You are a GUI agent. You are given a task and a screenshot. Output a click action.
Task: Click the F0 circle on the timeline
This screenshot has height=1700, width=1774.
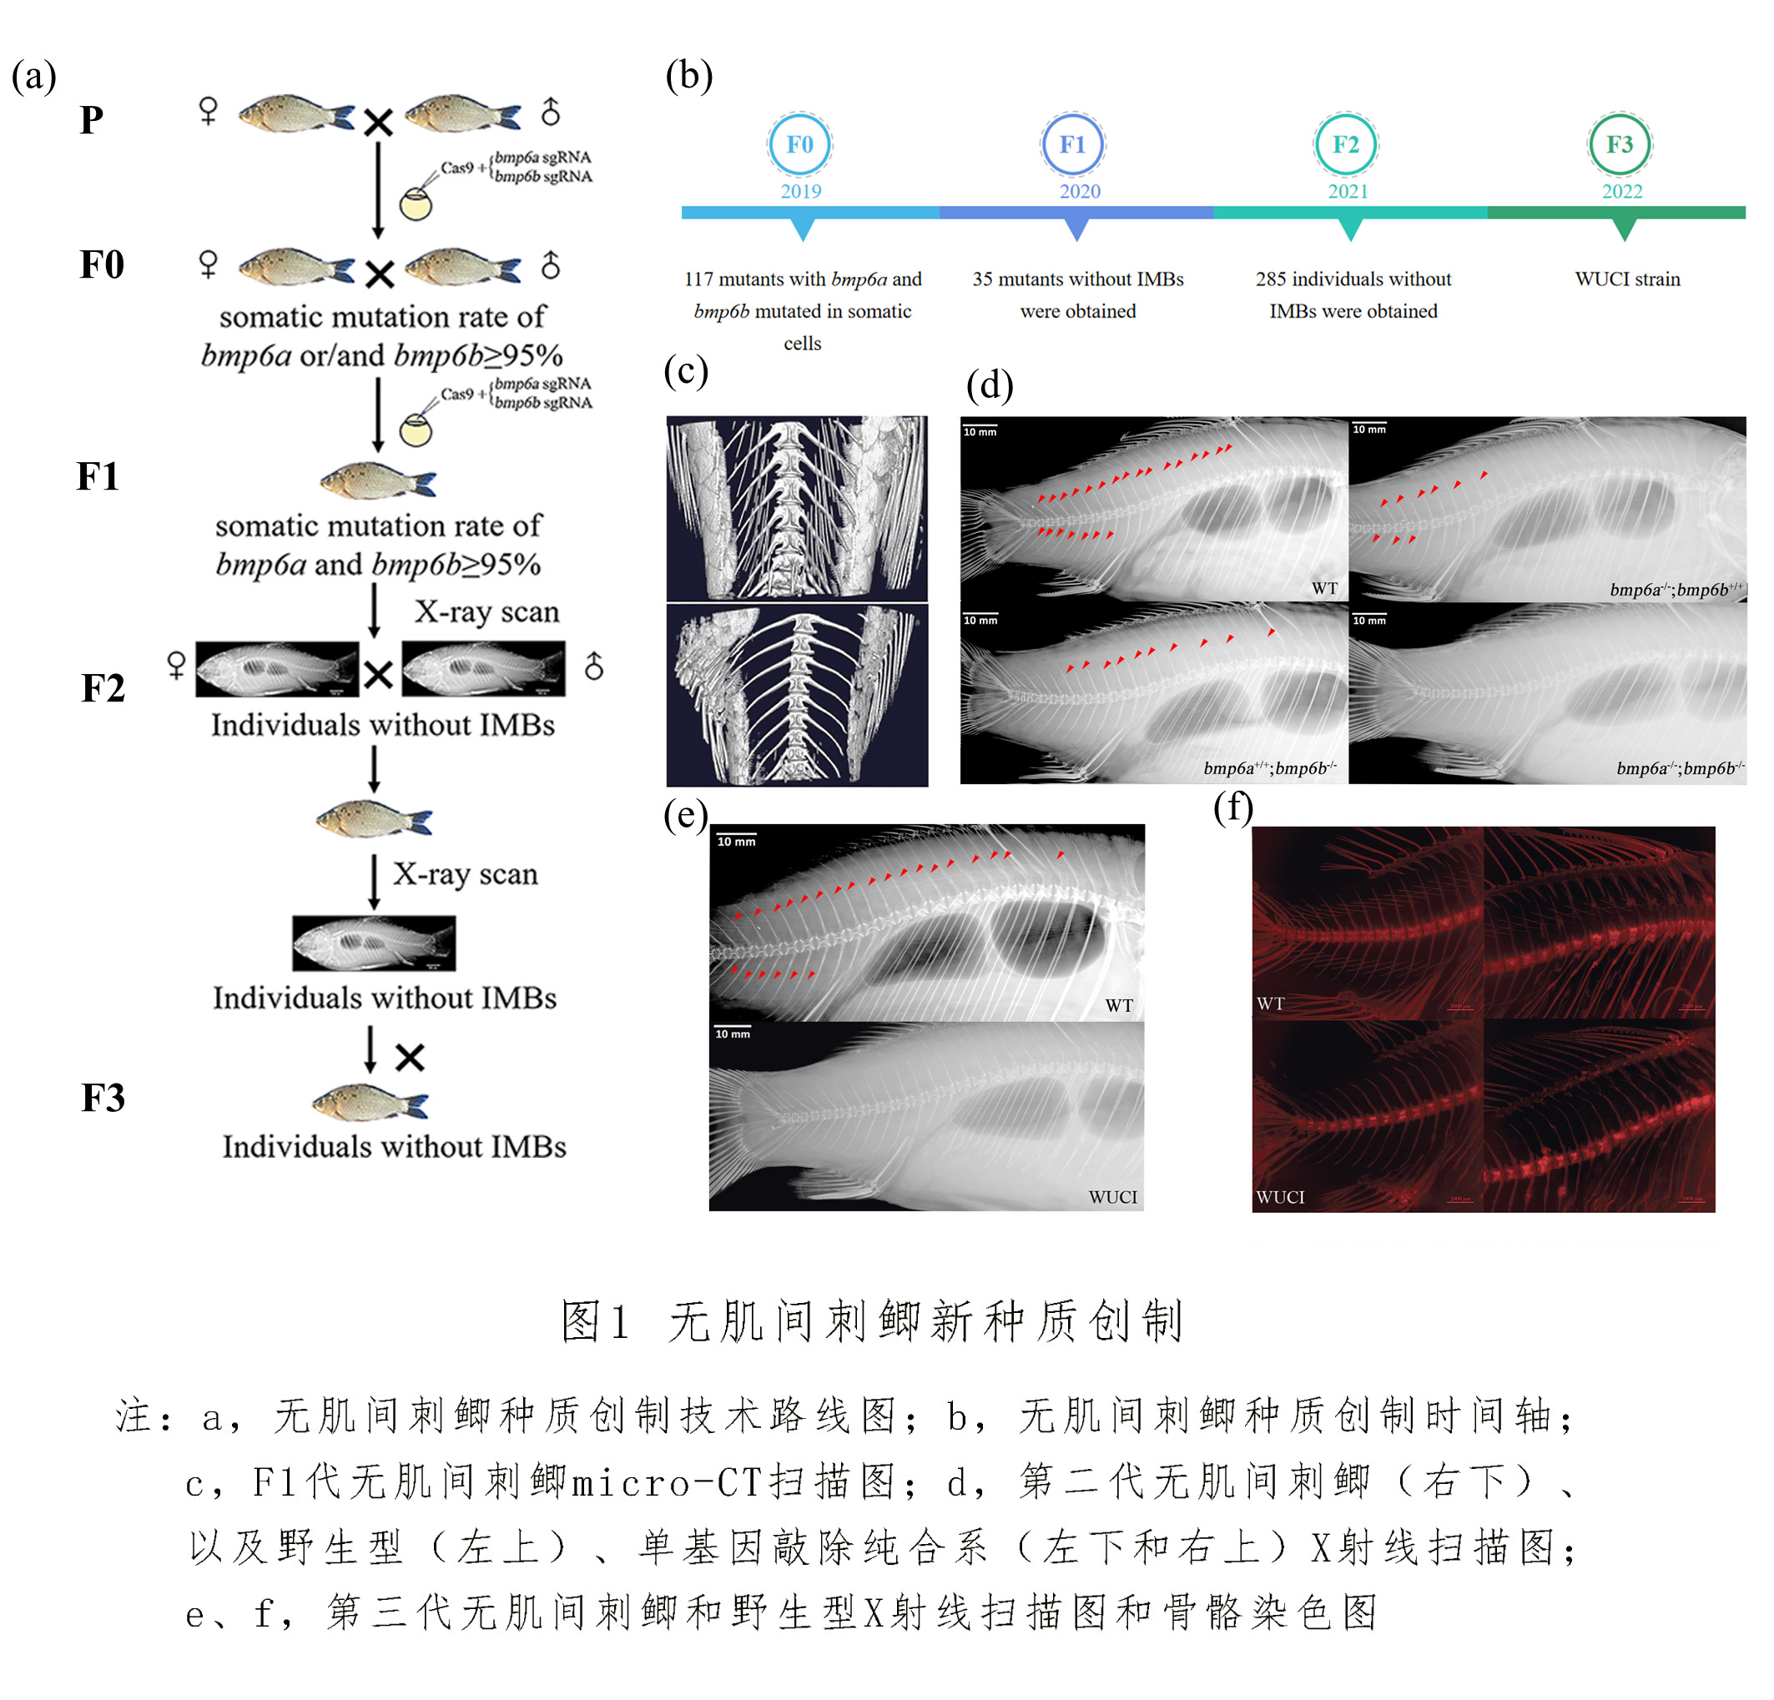tap(800, 145)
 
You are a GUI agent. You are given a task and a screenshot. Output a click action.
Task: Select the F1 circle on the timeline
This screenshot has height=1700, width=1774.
tap(1072, 145)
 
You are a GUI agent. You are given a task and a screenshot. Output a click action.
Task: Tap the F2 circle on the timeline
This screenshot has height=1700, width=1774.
tap(1346, 145)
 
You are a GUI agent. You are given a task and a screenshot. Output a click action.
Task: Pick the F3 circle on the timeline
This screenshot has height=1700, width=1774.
tap(1620, 145)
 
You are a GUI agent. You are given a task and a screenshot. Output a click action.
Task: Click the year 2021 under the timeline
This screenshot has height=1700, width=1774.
tap(1348, 192)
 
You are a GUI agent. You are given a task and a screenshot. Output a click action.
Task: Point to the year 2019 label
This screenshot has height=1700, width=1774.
tap(801, 192)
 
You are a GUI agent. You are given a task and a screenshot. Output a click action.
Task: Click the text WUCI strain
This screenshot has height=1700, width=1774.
tap(1627, 279)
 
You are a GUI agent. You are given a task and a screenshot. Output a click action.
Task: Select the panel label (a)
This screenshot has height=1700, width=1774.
tap(34, 76)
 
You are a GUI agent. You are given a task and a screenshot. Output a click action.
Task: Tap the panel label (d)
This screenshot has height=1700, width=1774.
tap(990, 385)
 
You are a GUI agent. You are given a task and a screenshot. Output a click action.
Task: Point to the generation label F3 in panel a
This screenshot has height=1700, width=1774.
tap(103, 1099)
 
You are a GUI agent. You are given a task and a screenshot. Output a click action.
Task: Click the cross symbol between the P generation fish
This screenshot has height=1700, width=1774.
tap(378, 122)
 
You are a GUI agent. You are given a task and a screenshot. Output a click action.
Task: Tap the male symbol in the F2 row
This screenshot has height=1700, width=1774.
tap(594, 666)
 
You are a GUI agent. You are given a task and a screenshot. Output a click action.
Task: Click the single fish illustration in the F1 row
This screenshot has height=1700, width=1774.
tap(378, 480)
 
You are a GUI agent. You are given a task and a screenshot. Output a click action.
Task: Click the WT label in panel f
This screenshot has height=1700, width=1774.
tap(1270, 1003)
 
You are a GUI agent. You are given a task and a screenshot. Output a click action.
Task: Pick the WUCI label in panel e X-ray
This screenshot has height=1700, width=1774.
tap(1112, 1197)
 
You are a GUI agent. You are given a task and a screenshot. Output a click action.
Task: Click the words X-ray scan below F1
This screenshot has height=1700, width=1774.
tap(487, 612)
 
